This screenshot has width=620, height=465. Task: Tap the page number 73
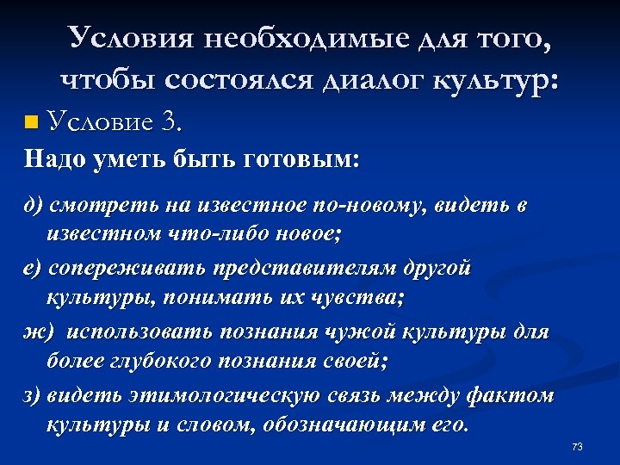click(577, 446)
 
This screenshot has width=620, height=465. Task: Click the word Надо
click(54, 159)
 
